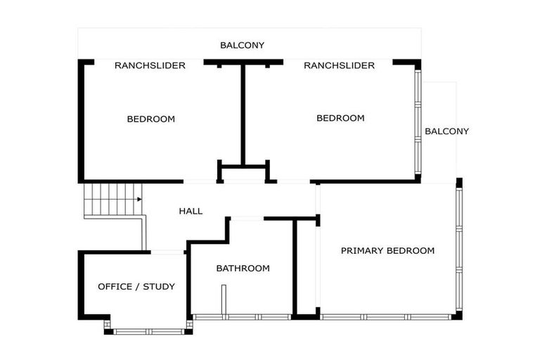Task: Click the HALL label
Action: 191,211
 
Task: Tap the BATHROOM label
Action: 243,269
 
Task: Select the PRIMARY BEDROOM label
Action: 387,250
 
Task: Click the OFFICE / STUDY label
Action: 136,286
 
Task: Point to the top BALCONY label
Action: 242,45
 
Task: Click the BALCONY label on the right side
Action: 446,131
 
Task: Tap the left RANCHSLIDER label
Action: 150,65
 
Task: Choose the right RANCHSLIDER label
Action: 339,65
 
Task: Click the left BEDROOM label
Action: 150,119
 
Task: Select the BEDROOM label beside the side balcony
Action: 340,118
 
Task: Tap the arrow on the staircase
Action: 139,200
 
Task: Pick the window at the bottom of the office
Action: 148,330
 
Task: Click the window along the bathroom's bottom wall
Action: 241,317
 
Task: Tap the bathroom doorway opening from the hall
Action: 247,219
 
